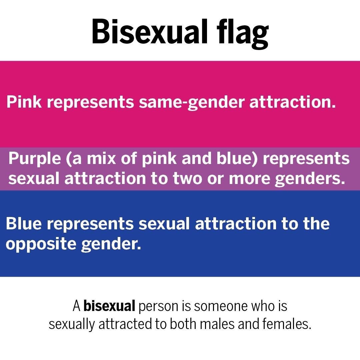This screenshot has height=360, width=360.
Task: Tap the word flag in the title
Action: point(243,34)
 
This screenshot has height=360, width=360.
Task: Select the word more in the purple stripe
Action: point(250,179)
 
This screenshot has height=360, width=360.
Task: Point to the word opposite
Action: point(41,244)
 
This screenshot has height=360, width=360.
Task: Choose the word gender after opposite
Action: point(111,244)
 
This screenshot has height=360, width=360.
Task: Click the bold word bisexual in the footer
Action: point(109,306)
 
